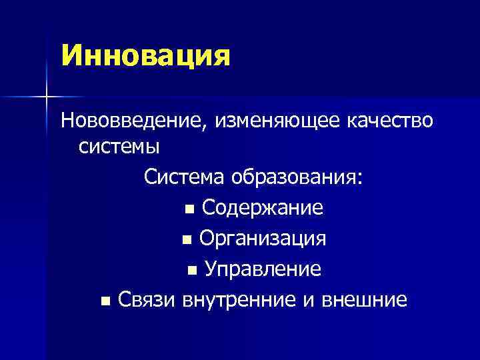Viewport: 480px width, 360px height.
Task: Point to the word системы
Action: [x=117, y=145]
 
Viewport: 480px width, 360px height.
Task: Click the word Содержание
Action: [x=263, y=208]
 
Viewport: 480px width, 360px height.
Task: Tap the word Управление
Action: [x=263, y=269]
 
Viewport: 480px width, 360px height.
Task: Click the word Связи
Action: [x=145, y=299]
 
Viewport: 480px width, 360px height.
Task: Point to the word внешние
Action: [x=364, y=299]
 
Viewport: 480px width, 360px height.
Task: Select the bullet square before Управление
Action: [x=192, y=271]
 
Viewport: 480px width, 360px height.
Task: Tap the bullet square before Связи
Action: [x=105, y=301]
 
